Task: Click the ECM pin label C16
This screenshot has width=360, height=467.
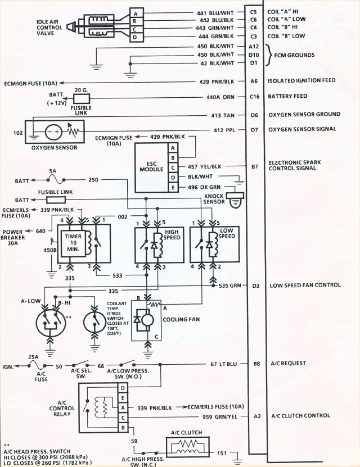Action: (254, 97)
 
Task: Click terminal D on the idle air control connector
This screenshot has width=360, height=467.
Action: (136, 38)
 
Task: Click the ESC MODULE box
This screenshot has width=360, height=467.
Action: (150, 167)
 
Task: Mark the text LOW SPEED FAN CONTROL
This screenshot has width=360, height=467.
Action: (305, 285)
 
